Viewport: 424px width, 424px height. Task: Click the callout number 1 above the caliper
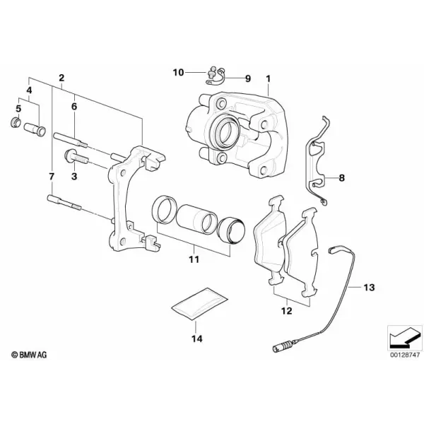coord(268,79)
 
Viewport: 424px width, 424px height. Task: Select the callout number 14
coord(197,338)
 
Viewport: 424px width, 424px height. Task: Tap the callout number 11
coord(194,259)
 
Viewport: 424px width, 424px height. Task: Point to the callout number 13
coord(369,287)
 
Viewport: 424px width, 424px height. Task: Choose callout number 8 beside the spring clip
coord(342,178)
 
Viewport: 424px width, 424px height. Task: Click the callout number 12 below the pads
coord(287,311)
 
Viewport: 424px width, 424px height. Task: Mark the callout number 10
coord(178,73)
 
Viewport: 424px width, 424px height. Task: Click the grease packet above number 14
coord(200,304)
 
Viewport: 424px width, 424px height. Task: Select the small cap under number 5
coord(16,123)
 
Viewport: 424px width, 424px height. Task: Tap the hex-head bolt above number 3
coord(76,157)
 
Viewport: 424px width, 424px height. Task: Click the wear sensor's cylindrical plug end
coord(282,347)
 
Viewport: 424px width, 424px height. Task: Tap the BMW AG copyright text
coord(29,355)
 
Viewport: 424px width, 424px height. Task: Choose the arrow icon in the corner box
coord(405,338)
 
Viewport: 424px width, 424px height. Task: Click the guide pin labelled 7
coord(64,203)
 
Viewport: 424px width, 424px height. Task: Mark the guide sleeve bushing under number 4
coord(35,129)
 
